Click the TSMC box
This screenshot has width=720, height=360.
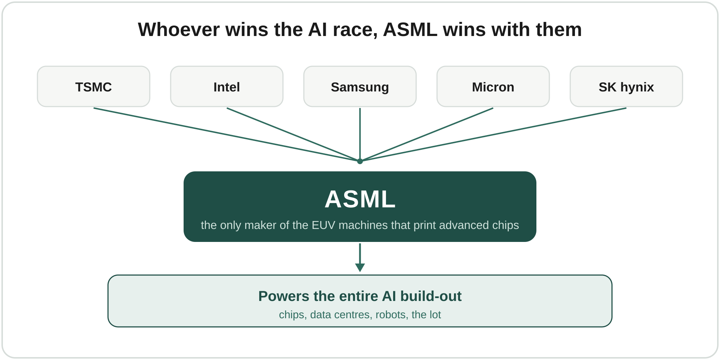tap(94, 86)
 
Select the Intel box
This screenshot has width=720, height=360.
tap(227, 86)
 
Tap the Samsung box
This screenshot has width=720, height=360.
tap(360, 86)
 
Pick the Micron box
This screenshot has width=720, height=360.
tap(493, 86)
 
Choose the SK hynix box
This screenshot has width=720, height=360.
tap(626, 86)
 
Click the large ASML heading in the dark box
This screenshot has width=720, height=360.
tap(360, 199)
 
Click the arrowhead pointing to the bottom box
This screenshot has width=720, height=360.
tap(360, 267)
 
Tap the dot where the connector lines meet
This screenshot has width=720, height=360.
tap(360, 161)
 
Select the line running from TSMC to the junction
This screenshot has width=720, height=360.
tap(227, 135)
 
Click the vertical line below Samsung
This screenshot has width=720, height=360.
tap(360, 134)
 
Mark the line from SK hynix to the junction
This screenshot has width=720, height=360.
tap(493, 135)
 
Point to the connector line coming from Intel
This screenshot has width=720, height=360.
tap(293, 135)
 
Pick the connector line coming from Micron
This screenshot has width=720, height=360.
tap(427, 135)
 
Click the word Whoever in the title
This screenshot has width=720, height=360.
tap(179, 30)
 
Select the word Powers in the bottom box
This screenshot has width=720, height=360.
tap(284, 296)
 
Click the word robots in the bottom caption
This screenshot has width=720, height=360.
tap(391, 315)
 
